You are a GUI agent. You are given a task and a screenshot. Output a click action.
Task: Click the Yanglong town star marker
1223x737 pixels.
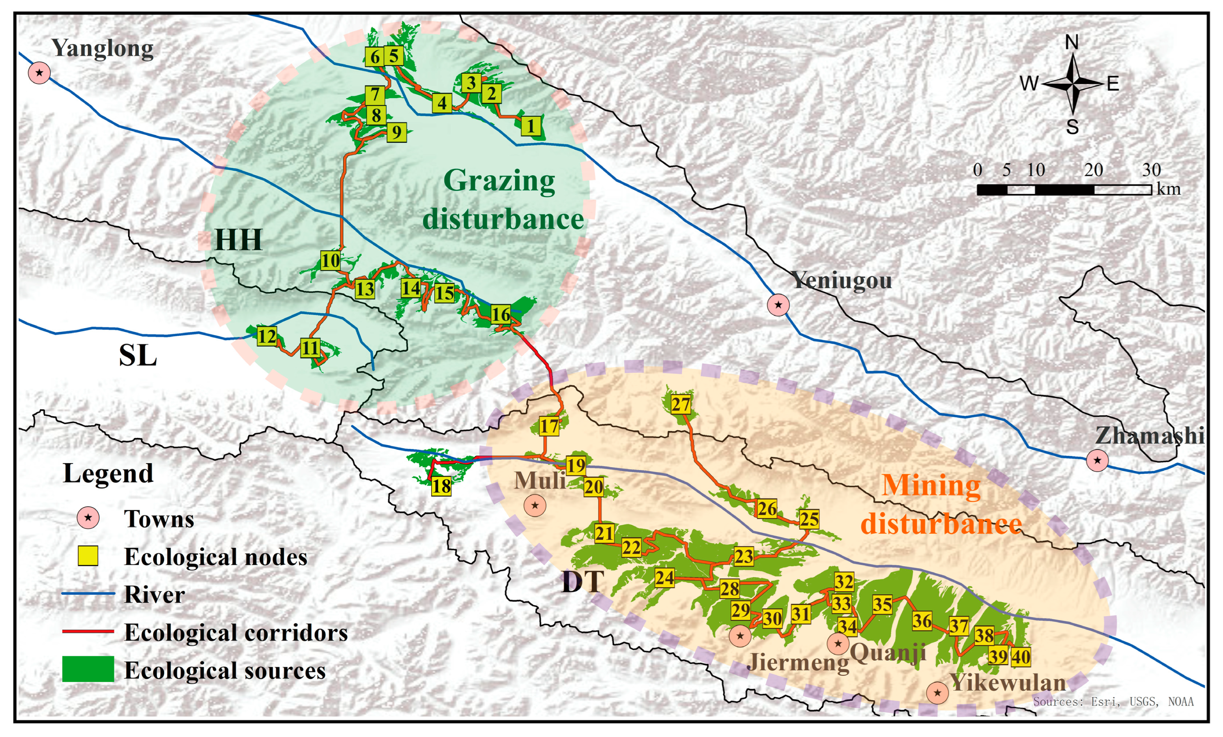(x=39, y=73)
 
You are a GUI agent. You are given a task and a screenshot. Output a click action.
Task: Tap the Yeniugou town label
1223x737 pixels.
(x=841, y=280)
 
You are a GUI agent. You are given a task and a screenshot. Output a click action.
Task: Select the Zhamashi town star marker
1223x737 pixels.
(x=1097, y=460)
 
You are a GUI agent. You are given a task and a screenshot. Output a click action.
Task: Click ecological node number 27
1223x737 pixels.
(x=681, y=404)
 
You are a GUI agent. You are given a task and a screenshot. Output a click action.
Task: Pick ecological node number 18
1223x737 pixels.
(x=441, y=486)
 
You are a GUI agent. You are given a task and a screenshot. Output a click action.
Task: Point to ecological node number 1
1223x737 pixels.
(x=531, y=126)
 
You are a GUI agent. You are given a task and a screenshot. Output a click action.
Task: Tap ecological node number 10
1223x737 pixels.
(x=331, y=260)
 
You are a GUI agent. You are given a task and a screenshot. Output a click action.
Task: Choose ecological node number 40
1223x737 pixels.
(x=1021, y=657)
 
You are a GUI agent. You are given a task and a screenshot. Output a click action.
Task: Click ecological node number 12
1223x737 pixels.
(x=267, y=337)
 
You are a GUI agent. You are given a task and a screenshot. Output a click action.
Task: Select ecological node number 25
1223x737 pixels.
(x=808, y=519)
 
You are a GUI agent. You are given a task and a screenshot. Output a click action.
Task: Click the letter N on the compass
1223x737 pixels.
(x=1072, y=43)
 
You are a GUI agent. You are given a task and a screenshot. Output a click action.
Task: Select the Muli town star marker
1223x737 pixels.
(x=535, y=506)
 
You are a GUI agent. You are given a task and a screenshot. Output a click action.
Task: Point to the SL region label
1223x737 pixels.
(x=138, y=355)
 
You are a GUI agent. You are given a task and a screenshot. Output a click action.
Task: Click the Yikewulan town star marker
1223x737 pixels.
(x=937, y=692)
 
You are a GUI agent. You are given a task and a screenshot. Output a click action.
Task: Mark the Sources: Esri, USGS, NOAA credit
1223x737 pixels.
(x=1113, y=701)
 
